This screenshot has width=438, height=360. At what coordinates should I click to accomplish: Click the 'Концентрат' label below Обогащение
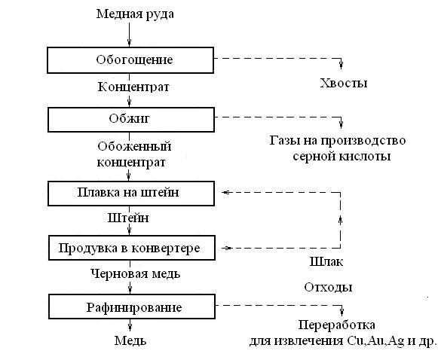click(x=133, y=87)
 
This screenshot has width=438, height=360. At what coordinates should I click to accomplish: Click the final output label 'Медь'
click(x=130, y=340)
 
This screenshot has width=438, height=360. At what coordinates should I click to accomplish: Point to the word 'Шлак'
click(x=326, y=263)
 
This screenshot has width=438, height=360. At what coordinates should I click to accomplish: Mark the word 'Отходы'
click(x=328, y=287)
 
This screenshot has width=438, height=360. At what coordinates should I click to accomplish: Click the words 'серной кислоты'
click(x=342, y=157)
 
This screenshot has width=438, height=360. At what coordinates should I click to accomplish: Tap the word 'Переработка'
click(x=336, y=325)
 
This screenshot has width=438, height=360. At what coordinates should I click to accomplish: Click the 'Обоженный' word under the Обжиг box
click(x=134, y=145)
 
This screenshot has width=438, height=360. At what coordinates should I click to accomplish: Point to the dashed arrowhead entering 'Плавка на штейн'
click(x=224, y=192)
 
